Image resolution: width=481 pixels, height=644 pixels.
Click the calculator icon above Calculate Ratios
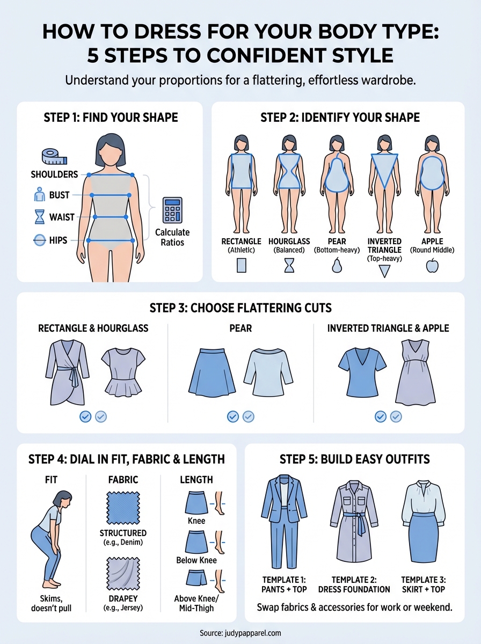pos(173,210)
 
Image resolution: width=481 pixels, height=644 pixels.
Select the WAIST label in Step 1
pos(61,217)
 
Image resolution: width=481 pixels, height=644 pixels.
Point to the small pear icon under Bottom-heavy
pos(337,265)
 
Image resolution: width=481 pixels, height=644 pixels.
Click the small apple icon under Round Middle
pos(432,266)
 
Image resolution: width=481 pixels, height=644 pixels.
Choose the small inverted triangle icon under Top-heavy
pos(384,271)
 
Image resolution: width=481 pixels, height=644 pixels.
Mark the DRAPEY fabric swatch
pos(123,575)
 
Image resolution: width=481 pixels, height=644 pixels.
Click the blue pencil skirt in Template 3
pos(425,541)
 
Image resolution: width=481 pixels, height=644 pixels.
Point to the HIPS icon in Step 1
pos(40,240)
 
